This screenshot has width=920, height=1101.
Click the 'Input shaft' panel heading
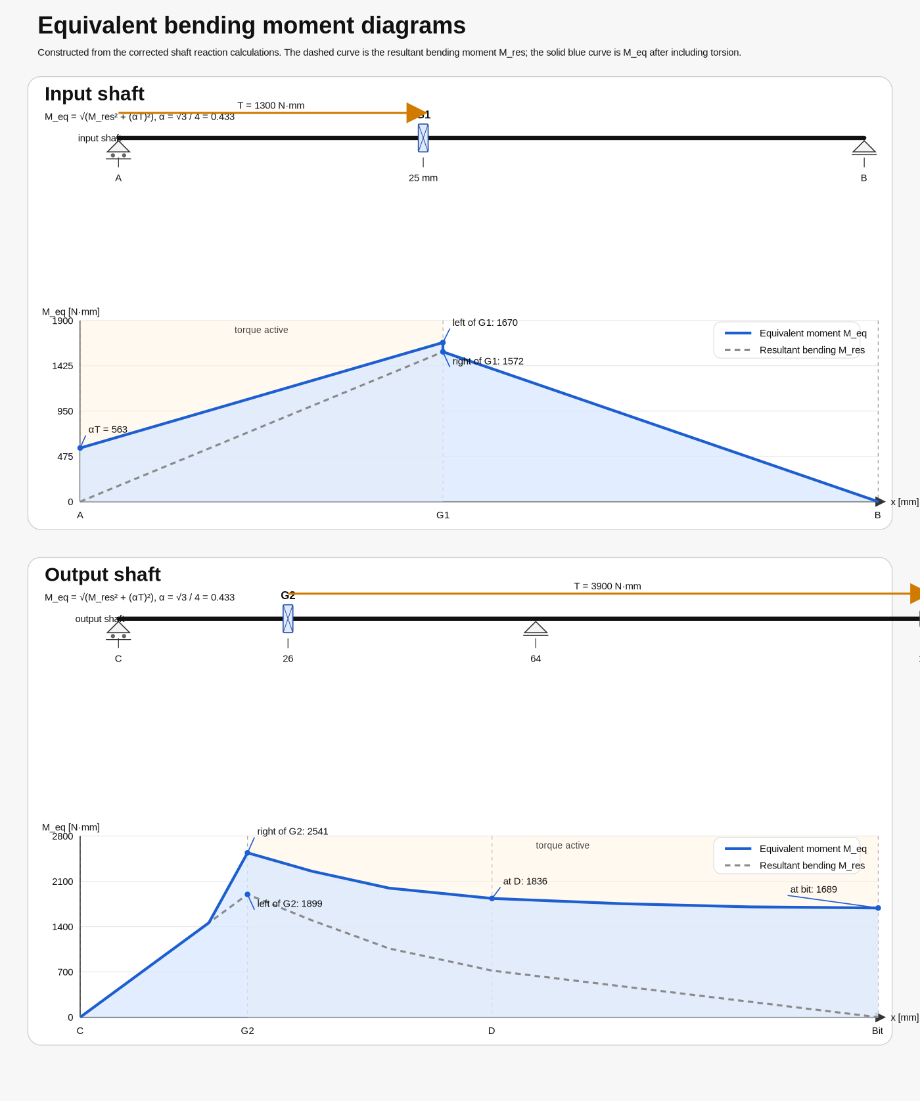tap(94, 94)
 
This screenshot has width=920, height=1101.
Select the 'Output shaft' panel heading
tap(103, 575)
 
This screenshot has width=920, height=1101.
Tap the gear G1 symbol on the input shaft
tap(423, 138)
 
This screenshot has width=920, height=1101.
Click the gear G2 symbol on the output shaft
tap(288, 619)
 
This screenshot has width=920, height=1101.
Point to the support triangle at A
tap(118, 147)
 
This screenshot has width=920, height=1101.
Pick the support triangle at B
tap(864, 147)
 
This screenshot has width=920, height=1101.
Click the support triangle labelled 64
tap(536, 628)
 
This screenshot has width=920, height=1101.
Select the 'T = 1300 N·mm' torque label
tap(271, 106)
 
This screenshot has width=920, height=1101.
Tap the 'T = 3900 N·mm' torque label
tap(607, 587)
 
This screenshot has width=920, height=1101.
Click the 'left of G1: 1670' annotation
tap(485, 323)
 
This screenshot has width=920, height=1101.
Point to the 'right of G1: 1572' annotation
tap(488, 361)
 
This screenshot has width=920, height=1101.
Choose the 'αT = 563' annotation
tap(108, 430)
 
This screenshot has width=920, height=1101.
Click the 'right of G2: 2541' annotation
tap(292, 832)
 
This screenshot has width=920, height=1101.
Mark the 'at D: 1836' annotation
tap(525, 882)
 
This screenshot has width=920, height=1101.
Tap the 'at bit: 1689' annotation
tap(814, 889)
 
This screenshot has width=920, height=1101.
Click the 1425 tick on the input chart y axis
tap(62, 366)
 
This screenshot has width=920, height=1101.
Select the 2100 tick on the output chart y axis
tap(62, 882)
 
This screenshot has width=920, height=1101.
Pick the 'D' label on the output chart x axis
tap(492, 1031)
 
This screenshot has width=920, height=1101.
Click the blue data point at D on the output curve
tap(492, 899)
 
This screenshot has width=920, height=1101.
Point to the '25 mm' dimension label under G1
tap(423, 178)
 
